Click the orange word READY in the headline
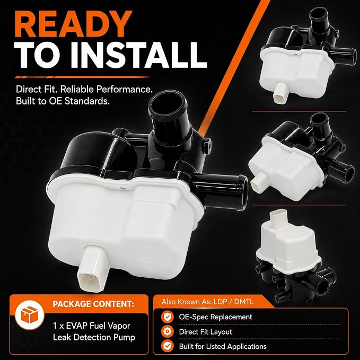[x=73, y=24]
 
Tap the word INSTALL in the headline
[x=142, y=55]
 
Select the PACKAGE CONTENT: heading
[x=93, y=304]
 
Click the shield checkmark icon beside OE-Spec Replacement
[x=168, y=317]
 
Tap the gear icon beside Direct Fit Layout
[x=168, y=331]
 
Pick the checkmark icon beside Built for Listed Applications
[x=168, y=346]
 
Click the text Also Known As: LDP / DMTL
[x=207, y=302]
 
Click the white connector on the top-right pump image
[x=281, y=92]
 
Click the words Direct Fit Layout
[x=206, y=332]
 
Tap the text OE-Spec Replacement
[x=216, y=317]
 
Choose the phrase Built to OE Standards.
[x=63, y=101]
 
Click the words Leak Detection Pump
[x=94, y=337]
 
